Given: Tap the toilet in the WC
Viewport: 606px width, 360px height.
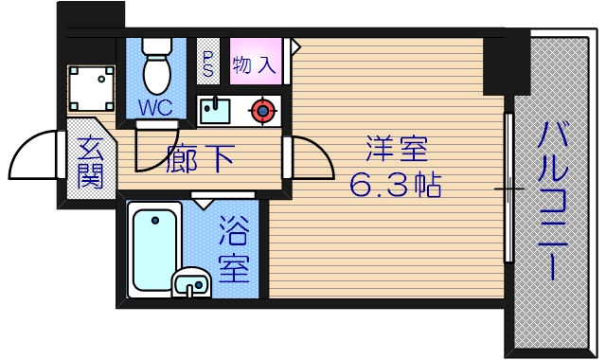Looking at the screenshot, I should point(154,65).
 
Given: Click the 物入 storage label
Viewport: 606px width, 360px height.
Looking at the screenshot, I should point(255,66).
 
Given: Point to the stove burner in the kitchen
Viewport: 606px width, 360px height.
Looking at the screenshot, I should point(261,111).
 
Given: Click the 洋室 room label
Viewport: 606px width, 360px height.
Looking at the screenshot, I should point(397,150).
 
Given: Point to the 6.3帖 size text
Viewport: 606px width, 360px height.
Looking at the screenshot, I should point(396,185).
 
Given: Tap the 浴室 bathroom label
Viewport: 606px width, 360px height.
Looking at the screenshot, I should point(234,251).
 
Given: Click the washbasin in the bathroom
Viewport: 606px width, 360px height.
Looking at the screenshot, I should point(193,282).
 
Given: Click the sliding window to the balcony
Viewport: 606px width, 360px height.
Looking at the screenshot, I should point(509,189).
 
